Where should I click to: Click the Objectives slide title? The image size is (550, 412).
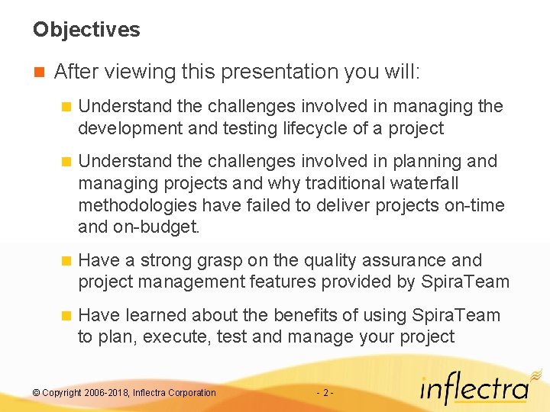click(86, 30)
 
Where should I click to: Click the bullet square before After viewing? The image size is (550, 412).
click(38, 72)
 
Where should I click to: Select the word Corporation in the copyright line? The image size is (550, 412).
click(191, 393)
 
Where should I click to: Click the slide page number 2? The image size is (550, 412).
click(325, 393)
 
